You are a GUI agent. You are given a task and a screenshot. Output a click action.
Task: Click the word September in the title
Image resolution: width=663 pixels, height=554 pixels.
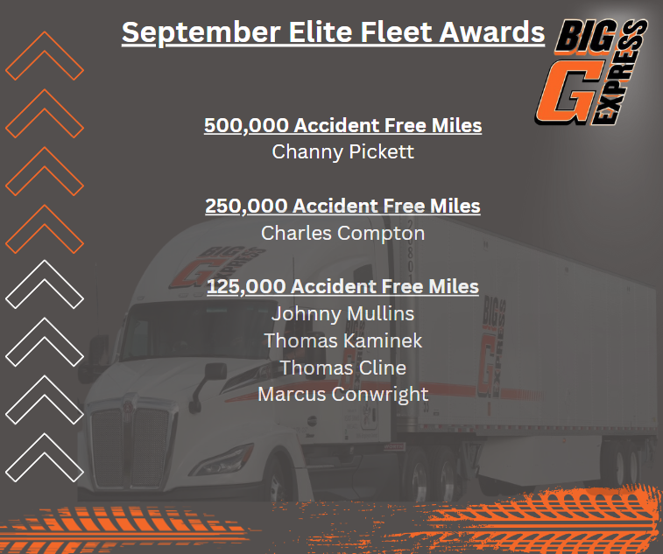click(201, 33)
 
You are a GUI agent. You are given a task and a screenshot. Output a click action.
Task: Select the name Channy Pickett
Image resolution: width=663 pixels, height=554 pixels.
click(343, 152)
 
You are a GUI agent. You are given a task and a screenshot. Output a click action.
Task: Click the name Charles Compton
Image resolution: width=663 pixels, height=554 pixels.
click(343, 234)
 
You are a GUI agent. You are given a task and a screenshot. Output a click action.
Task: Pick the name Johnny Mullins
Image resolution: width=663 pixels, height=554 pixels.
click(343, 314)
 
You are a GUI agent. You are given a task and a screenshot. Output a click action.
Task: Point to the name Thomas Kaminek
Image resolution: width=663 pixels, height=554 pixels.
click(343, 340)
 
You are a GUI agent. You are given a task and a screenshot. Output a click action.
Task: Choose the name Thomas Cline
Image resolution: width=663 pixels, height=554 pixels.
click(343, 368)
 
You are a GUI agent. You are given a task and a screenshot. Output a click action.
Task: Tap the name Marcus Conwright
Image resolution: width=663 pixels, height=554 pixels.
click(343, 395)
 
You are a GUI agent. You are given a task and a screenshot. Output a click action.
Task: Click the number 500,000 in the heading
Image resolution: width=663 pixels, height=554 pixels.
click(246, 126)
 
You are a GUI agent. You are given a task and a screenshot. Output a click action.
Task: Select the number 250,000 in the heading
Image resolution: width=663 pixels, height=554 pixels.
click(246, 207)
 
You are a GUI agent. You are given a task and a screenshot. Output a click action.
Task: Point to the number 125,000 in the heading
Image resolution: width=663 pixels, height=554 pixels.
click(247, 287)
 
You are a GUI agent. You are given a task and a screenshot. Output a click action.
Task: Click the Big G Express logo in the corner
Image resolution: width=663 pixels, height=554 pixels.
click(591, 72)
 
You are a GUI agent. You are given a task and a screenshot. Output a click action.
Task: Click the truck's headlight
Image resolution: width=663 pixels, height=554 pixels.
click(222, 460)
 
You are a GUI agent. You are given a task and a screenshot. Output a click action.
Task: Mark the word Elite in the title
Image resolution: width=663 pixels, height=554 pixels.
click(321, 32)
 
